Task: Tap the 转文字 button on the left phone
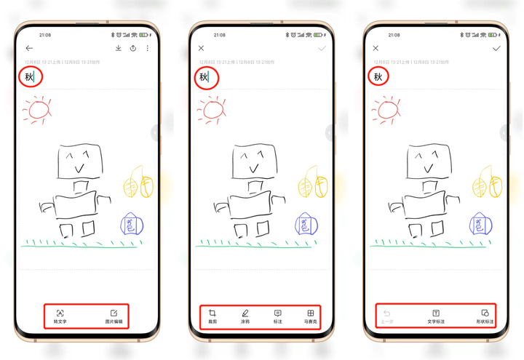pos(60,316)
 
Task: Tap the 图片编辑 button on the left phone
pos(114,316)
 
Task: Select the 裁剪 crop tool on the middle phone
pos(213,316)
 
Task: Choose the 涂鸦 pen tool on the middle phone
pos(245,316)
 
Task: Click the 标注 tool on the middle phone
pos(277,316)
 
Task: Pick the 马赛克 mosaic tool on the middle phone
pos(310,316)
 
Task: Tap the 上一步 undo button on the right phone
pos(387,316)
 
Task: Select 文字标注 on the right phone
pos(436,316)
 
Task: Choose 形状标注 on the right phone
pos(485,316)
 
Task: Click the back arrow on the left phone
pos(29,49)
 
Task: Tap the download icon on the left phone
pos(118,49)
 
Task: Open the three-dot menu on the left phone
pos(148,49)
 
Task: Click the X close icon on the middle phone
pos(202,49)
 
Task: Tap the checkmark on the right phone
pos(496,49)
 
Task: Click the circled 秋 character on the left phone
pos(30,76)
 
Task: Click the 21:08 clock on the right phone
pos(394,35)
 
